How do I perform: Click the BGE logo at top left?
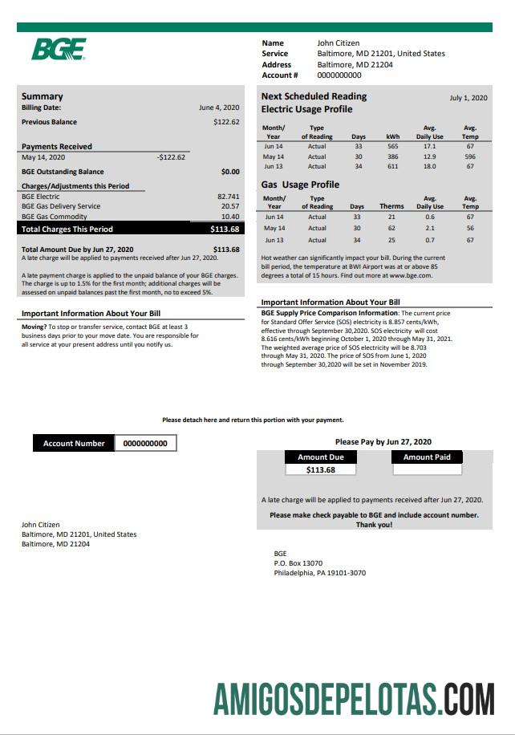[58, 50]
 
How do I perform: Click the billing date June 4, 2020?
[219, 107]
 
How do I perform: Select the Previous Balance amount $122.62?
[226, 122]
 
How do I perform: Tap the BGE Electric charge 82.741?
[228, 197]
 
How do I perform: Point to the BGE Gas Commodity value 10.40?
[230, 217]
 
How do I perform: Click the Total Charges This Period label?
[67, 229]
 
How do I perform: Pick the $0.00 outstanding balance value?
[230, 172]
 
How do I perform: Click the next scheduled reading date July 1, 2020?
[468, 98]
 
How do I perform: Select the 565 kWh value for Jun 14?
[392, 147]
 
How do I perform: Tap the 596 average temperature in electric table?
[470, 157]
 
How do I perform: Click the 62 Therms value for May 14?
[391, 229]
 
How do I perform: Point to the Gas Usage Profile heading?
[300, 185]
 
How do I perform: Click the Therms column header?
[391, 206]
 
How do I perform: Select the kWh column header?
[392, 136]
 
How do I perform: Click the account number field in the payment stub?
[145, 443]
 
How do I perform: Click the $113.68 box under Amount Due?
[321, 470]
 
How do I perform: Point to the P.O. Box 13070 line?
[298, 563]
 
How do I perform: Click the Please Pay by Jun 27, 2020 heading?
[383, 441]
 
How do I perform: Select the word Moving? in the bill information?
[34, 327]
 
